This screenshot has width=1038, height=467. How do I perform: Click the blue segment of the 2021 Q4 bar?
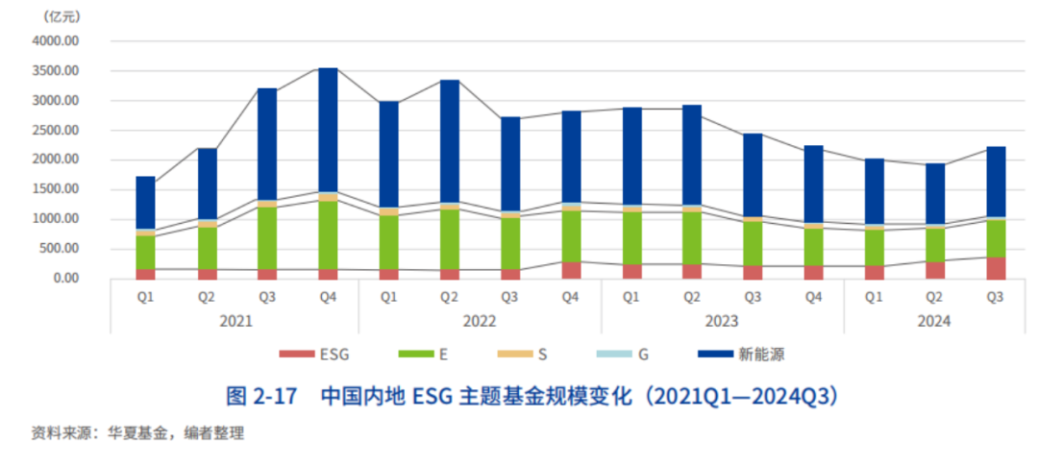click(328, 130)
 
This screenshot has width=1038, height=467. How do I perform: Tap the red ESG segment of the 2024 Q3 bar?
click(996, 268)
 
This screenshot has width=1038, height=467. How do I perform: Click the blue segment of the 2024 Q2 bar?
click(935, 193)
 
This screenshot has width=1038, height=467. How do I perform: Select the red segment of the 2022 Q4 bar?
click(571, 270)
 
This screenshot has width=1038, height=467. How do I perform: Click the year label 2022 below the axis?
click(480, 321)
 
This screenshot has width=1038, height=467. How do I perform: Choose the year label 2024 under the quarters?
click(934, 321)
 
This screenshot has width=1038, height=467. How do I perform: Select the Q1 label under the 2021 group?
click(146, 297)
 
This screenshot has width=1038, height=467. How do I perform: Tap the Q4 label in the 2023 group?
click(813, 297)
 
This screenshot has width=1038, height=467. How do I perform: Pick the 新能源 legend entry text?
click(762, 355)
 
